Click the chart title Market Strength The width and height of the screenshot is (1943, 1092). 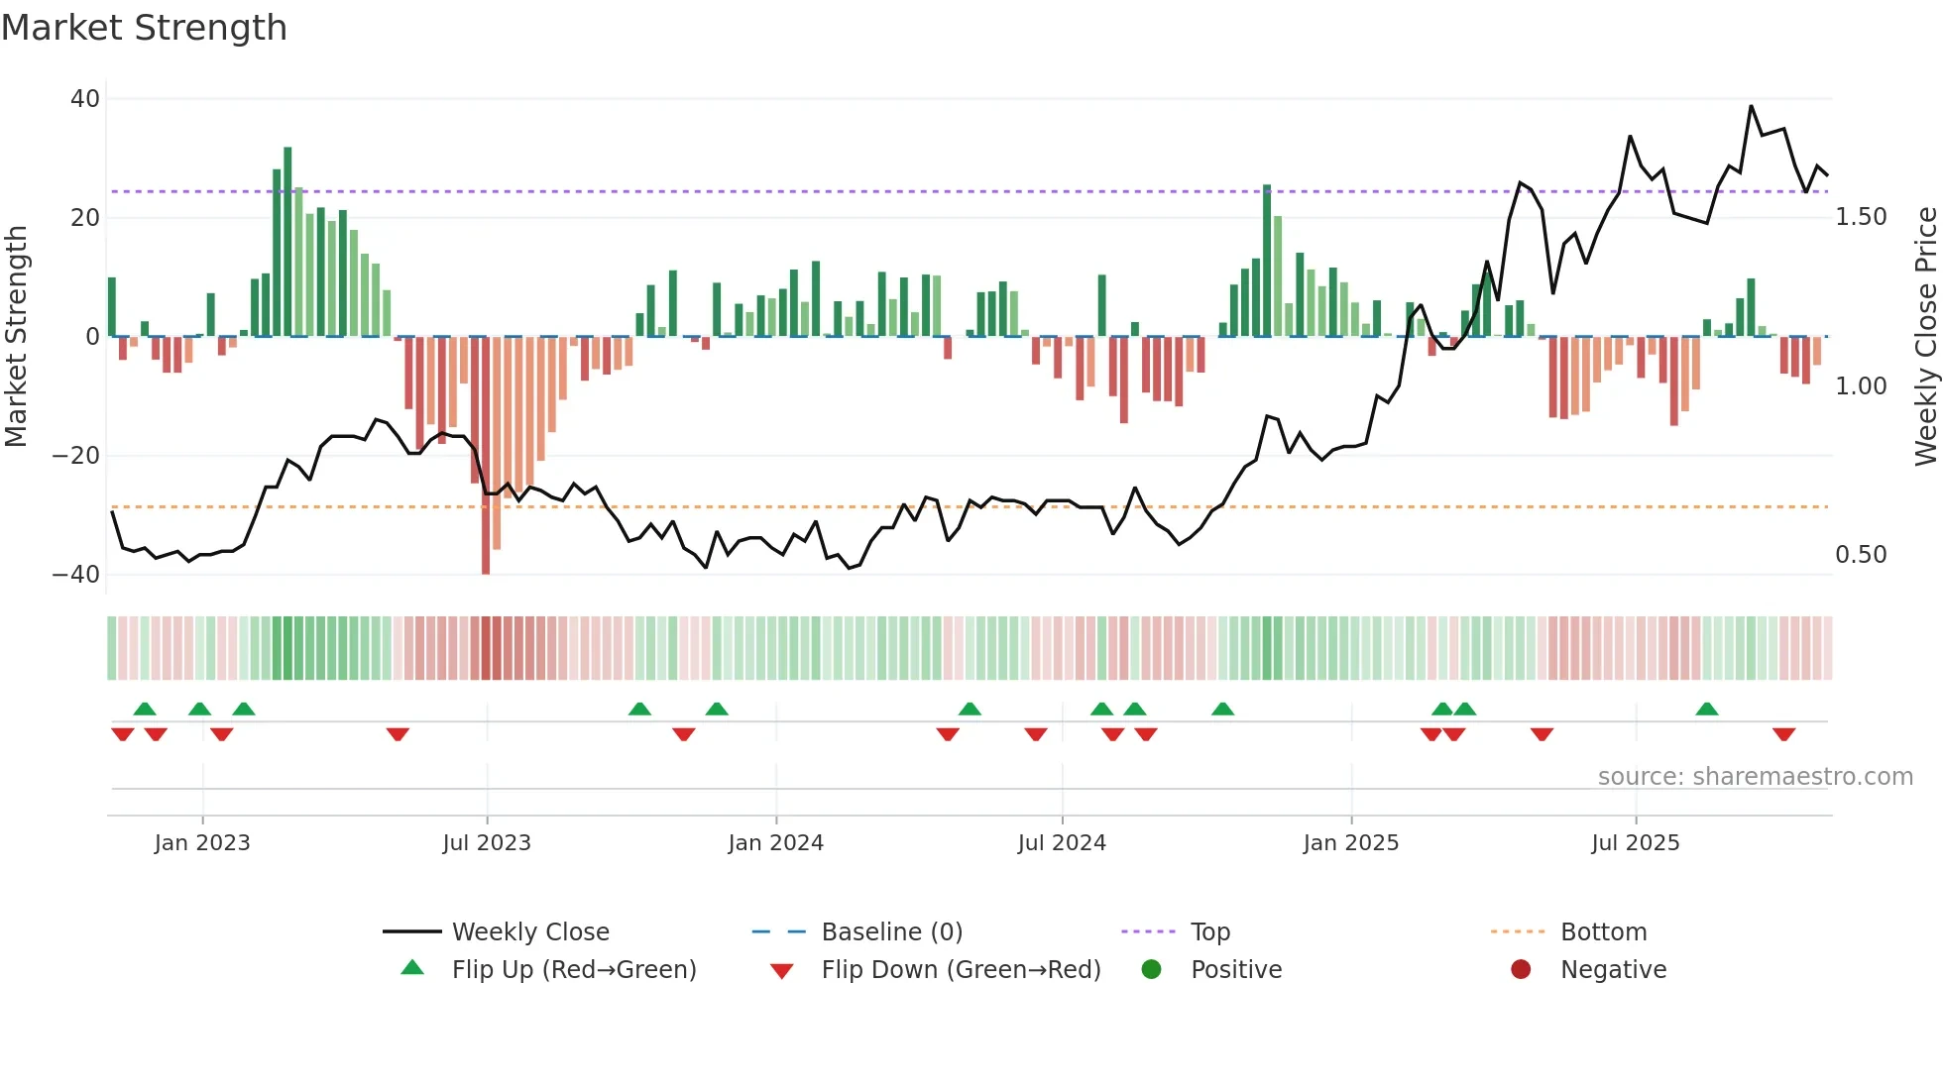144,28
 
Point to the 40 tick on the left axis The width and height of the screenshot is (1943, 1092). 85,99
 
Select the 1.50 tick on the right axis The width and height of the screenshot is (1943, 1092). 1861,217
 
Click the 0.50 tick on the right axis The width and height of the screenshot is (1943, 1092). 1861,555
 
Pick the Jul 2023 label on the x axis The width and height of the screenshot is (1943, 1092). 487,843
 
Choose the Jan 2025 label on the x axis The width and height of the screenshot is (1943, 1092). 1350,843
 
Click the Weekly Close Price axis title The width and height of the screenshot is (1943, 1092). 1925,337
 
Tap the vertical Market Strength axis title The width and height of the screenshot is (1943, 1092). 17,337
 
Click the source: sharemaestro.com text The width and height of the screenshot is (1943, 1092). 1755,777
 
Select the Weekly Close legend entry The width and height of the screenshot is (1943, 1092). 530,932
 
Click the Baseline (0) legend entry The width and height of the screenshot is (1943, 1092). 891,932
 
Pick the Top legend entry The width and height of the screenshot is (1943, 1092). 1209,932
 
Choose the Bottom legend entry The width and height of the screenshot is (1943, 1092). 1603,932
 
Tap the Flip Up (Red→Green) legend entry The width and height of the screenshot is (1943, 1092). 573,970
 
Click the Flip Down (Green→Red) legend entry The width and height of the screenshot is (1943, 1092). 960,970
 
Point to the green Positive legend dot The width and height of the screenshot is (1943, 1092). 1151,970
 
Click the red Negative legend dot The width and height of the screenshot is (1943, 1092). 1521,970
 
